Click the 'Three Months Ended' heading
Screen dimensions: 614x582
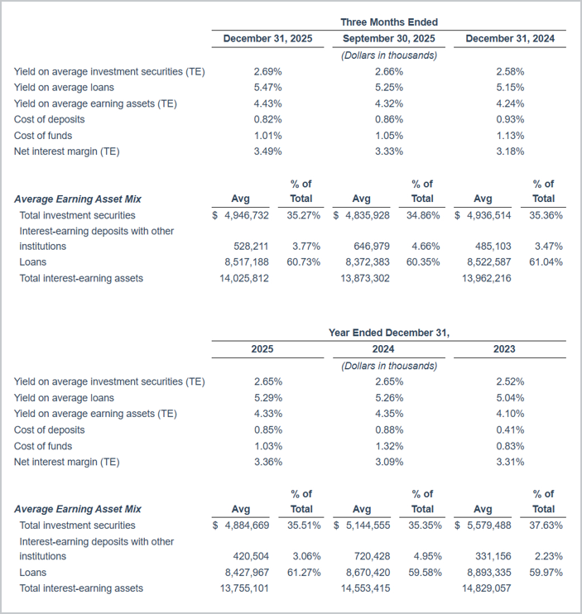(389, 22)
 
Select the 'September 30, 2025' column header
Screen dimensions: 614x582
(389, 39)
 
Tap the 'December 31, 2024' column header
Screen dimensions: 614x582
(510, 39)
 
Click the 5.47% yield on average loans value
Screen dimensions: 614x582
(267, 88)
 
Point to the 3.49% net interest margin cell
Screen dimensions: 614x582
(267, 151)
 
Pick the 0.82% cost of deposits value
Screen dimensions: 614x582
(267, 119)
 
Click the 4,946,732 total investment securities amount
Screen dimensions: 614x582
(245, 215)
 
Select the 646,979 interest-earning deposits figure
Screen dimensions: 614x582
(369, 247)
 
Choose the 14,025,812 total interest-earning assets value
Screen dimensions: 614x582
(241, 279)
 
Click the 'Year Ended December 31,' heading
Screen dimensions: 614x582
(389, 333)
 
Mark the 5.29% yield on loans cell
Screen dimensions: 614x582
(267, 398)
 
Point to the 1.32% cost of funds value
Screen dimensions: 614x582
(389, 446)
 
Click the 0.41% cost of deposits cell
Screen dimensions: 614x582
(510, 430)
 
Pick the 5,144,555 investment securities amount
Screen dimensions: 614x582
(366, 525)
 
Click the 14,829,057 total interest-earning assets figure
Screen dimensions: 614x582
(483, 588)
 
